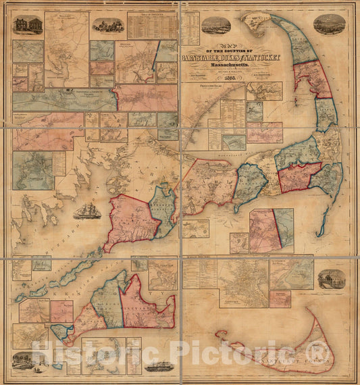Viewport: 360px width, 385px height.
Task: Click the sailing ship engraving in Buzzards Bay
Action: (x=87, y=211)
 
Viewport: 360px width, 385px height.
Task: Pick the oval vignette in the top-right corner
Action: (x=329, y=24)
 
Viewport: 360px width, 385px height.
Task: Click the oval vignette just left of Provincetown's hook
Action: (x=215, y=26)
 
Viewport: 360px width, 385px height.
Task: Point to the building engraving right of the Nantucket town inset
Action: (x=328, y=278)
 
